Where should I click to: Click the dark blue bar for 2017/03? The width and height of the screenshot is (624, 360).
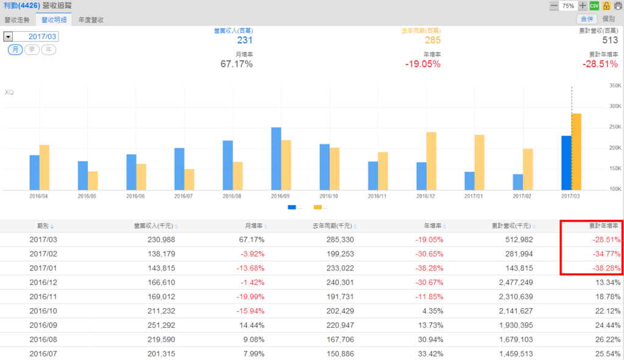[566, 163]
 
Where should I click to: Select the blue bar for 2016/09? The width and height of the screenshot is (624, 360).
[276, 158]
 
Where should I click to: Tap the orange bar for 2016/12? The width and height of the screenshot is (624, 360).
[431, 161]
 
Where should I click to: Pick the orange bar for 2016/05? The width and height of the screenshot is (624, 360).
[93, 180]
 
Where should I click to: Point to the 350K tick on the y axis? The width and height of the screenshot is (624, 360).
[614, 85]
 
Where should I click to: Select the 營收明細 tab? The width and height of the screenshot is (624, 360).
[54, 19]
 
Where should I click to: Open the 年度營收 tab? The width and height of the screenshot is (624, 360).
[91, 19]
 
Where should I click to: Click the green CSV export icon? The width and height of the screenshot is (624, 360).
[594, 5]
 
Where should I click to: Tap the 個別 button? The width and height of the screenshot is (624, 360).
[608, 19]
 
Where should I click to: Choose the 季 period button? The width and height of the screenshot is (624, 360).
[32, 49]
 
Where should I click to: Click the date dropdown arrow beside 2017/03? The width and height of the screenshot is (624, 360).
[8, 37]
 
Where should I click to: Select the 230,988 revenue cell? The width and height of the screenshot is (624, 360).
[161, 240]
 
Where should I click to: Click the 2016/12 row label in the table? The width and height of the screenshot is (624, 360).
[42, 283]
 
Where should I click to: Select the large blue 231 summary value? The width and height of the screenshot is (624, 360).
[244, 40]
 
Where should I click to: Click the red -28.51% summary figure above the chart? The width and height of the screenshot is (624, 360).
[600, 64]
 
